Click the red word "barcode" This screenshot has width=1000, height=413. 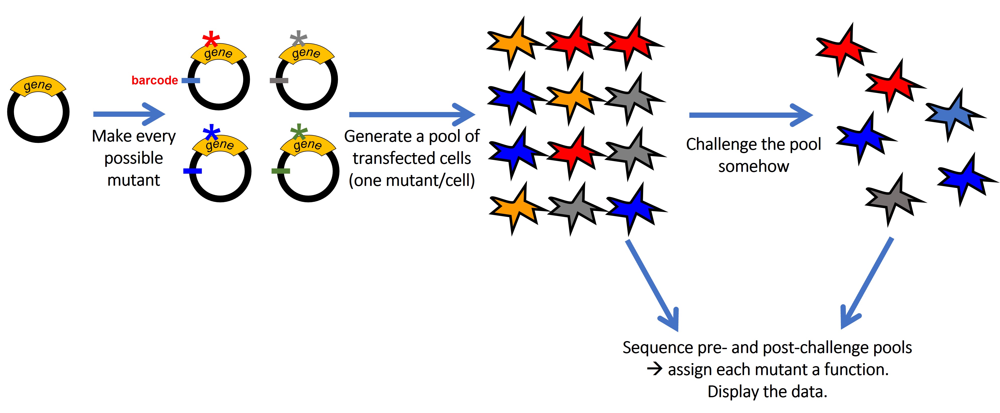pyautogui.click(x=154, y=80)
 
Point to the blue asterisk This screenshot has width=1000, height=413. pyautogui.click(x=212, y=133)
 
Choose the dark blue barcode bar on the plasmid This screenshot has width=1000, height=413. pyautogui.click(x=192, y=171)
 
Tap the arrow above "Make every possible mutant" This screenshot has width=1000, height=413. pyautogui.click(x=129, y=114)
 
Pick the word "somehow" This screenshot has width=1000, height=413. pyautogui.click(x=753, y=166)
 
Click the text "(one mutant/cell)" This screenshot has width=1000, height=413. pyautogui.click(x=412, y=180)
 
